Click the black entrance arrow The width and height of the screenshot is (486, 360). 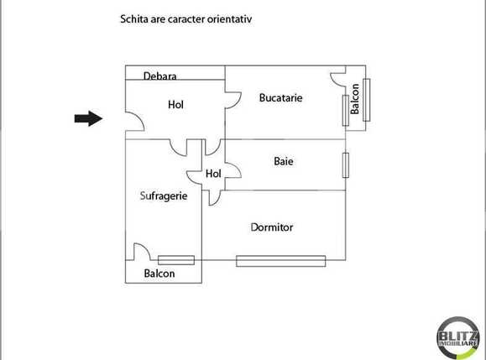pos(87,119)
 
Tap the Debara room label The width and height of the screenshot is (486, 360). pos(159,76)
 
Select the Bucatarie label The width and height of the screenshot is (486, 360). pos(280,98)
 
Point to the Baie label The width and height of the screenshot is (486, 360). pos(284,160)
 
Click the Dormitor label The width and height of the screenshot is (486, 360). pos(272,227)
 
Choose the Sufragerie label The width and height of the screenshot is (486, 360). pos(163,196)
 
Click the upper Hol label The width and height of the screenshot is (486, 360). pos(175,105)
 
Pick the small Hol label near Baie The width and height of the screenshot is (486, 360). pos(213,174)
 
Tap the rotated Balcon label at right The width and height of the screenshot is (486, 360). pos(355,99)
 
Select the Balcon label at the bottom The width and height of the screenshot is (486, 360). pos(159,274)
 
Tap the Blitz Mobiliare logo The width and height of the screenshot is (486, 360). pos(458,338)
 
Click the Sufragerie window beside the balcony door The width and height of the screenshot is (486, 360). pos(176,260)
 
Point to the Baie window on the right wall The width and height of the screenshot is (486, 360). pos(345,164)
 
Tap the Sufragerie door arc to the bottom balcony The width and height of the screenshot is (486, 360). pos(142,251)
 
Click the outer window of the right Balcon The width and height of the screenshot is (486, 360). pos(367,100)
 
